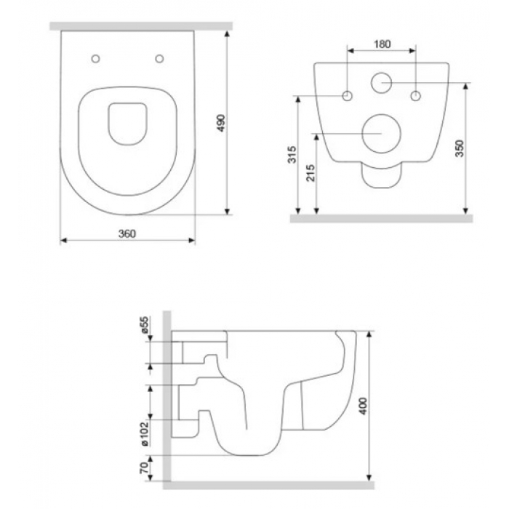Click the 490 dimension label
pyautogui.click(x=221, y=123)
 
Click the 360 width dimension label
pyautogui.click(x=127, y=233)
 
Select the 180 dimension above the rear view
pyautogui.click(x=382, y=44)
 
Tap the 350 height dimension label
pyautogui.click(x=460, y=148)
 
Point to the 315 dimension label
pyautogui.click(x=292, y=154)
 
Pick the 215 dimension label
pyautogui.click(x=310, y=173)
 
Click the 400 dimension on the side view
pyautogui.click(x=364, y=406)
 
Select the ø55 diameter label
pyautogui.click(x=145, y=325)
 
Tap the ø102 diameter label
pyautogui.click(x=145, y=434)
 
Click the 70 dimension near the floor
pyautogui.click(x=145, y=468)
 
